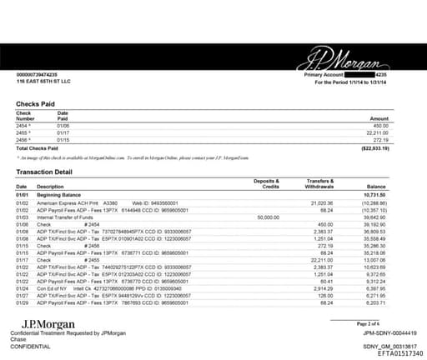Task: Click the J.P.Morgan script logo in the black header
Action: click(x=333, y=61)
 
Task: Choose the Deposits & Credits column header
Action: click(x=266, y=183)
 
